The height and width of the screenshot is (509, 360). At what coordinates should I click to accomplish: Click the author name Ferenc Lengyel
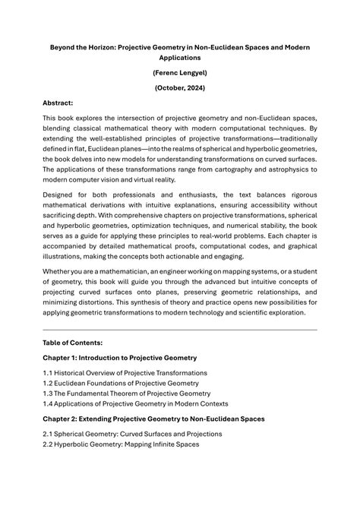[179, 73]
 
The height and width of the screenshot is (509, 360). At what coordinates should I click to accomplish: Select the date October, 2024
[179, 88]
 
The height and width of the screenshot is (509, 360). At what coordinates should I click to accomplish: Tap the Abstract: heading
[58, 103]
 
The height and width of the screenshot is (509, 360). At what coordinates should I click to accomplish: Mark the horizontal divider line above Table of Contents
[179, 330]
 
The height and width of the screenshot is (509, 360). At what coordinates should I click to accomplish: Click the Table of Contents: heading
[74, 343]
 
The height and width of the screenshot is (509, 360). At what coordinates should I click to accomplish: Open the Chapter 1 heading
[119, 357]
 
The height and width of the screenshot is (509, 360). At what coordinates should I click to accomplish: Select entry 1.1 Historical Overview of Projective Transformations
[125, 373]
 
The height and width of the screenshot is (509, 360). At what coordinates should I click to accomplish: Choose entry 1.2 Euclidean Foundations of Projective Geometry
[121, 383]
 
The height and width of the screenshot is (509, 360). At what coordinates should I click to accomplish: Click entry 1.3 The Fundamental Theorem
[126, 394]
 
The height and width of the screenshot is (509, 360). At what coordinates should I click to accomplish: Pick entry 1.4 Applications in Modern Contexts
[135, 403]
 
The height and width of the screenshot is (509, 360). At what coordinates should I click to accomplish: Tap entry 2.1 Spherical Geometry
[132, 434]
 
